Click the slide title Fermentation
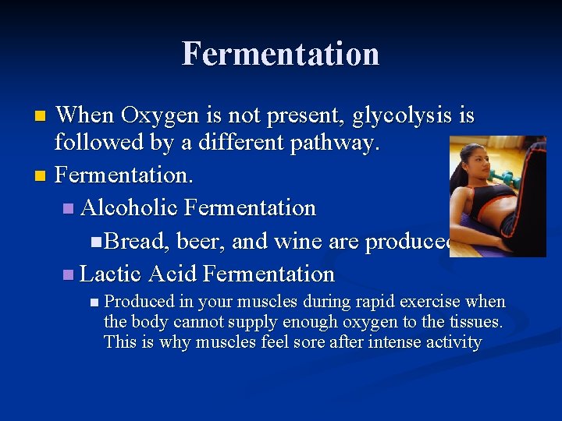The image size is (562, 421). [281, 55]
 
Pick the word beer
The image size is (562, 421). [201, 242]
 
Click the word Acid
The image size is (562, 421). [173, 274]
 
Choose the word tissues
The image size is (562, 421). [477, 321]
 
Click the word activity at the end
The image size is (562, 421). [453, 341]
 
